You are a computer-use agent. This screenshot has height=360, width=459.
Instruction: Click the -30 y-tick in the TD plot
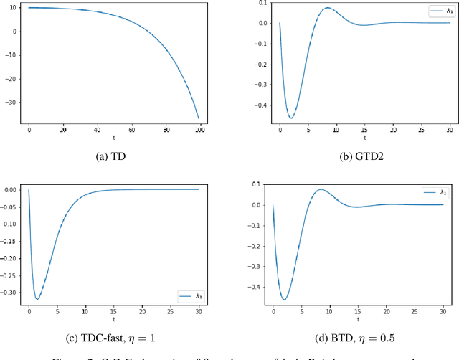[x=14, y=103]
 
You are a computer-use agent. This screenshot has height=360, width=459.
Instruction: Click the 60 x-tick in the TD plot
[x=131, y=129]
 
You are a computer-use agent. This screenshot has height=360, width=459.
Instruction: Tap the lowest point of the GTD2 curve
[x=291, y=118]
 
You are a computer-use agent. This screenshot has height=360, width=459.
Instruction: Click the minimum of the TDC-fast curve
[x=37, y=299]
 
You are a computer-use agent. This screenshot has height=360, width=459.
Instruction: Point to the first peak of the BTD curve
[x=321, y=191]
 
